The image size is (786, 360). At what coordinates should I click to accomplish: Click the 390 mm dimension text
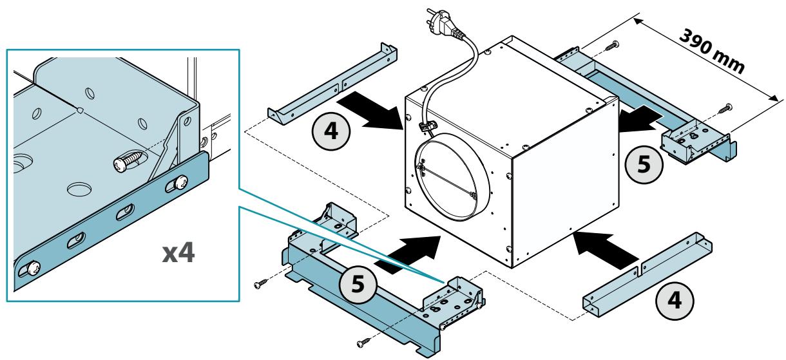pyautogui.click(x=712, y=52)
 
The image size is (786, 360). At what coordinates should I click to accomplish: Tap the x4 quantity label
pyautogui.click(x=178, y=252)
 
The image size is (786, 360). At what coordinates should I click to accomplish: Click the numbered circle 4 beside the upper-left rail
pyautogui.click(x=331, y=131)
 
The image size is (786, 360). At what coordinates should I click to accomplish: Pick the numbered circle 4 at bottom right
pyautogui.click(x=675, y=301)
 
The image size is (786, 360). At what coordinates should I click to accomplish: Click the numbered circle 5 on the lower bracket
pyautogui.click(x=358, y=283)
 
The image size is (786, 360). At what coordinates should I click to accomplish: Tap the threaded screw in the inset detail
pyautogui.click(x=128, y=161)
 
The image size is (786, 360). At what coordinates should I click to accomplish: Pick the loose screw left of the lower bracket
pyautogui.click(x=261, y=283)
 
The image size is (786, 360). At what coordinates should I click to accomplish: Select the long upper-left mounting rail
pyautogui.click(x=332, y=84)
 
